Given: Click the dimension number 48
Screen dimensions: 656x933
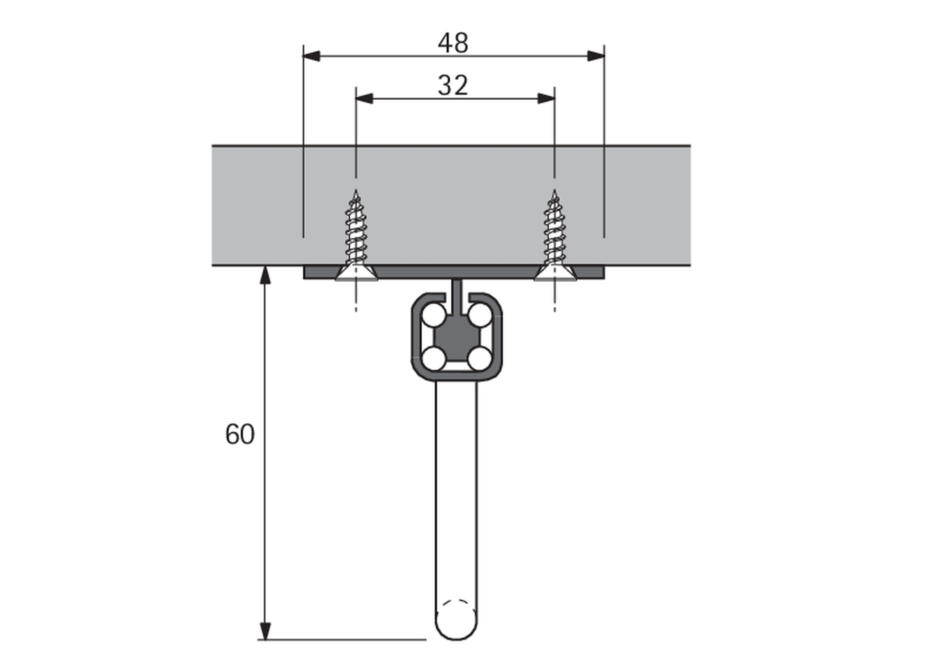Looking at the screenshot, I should (453, 43).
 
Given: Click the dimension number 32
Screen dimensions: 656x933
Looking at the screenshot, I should (453, 86).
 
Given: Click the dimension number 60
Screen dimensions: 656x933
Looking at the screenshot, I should (240, 434).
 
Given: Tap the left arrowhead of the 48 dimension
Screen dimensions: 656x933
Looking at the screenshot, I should (312, 56).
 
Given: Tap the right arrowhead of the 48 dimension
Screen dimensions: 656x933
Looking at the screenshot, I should (596, 56).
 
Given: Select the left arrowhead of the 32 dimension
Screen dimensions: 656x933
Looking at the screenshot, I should (364, 99).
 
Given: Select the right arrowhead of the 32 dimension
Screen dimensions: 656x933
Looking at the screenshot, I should (547, 99).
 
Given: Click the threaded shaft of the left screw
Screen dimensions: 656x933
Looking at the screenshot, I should (356, 231).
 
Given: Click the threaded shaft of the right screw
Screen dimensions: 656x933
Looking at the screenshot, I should (554, 231).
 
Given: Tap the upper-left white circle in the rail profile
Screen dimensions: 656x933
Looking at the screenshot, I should (434, 315).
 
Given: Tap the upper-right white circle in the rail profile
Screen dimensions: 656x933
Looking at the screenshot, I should (480, 315).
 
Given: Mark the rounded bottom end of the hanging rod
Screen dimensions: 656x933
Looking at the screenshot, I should (456, 627).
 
